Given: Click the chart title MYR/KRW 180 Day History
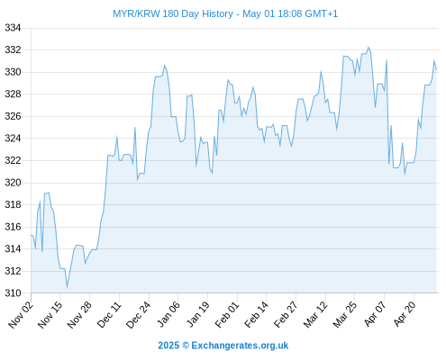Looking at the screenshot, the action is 173,13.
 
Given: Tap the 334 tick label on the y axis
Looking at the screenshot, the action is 13,28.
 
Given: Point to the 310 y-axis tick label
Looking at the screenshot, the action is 13,292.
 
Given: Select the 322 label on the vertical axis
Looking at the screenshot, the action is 13,160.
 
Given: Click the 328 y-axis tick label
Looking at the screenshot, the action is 13,94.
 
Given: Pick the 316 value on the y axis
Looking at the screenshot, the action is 13,227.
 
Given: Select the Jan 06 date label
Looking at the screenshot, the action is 168,314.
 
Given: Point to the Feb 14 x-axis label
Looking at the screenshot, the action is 257,314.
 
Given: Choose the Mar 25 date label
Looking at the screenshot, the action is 345,314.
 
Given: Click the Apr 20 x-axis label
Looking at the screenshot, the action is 405,313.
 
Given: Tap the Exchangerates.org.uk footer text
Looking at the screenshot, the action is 240,346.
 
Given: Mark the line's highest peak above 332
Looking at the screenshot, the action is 369,48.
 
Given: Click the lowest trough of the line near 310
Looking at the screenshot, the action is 67,287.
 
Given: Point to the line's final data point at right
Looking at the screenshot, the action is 436,70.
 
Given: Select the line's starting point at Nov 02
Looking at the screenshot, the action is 31,235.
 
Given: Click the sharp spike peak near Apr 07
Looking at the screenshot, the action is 387,60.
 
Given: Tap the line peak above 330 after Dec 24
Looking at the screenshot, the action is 164,66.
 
